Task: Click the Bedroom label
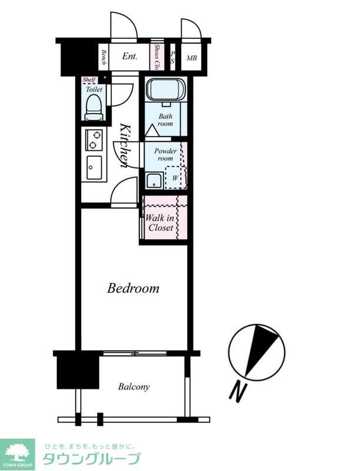click(133, 288)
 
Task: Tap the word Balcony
click(134, 387)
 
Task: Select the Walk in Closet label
click(161, 223)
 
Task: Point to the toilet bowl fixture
click(94, 107)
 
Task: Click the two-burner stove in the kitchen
click(94, 140)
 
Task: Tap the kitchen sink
click(94, 168)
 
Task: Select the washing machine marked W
click(175, 177)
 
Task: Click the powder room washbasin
click(155, 181)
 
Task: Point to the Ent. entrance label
click(129, 56)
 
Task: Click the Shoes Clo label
click(156, 57)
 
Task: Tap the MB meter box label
click(192, 57)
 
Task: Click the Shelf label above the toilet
click(89, 79)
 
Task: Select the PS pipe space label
click(172, 57)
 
